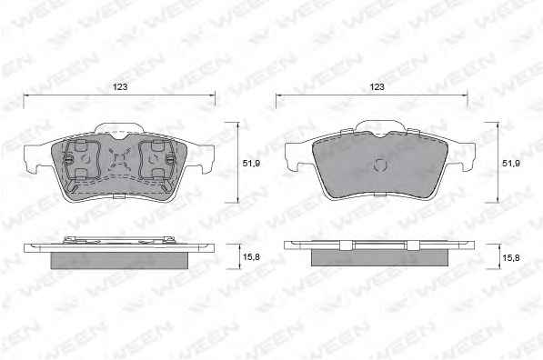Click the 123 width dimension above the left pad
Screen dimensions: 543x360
(x=120, y=86)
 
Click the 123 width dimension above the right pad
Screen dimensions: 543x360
(x=377, y=86)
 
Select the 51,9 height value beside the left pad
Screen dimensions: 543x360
(x=251, y=164)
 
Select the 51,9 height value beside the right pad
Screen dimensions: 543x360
(x=511, y=163)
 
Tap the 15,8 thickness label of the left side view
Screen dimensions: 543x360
(x=252, y=257)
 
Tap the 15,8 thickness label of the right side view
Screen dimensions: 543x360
(x=511, y=257)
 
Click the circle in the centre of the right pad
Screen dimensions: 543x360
(x=380, y=165)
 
